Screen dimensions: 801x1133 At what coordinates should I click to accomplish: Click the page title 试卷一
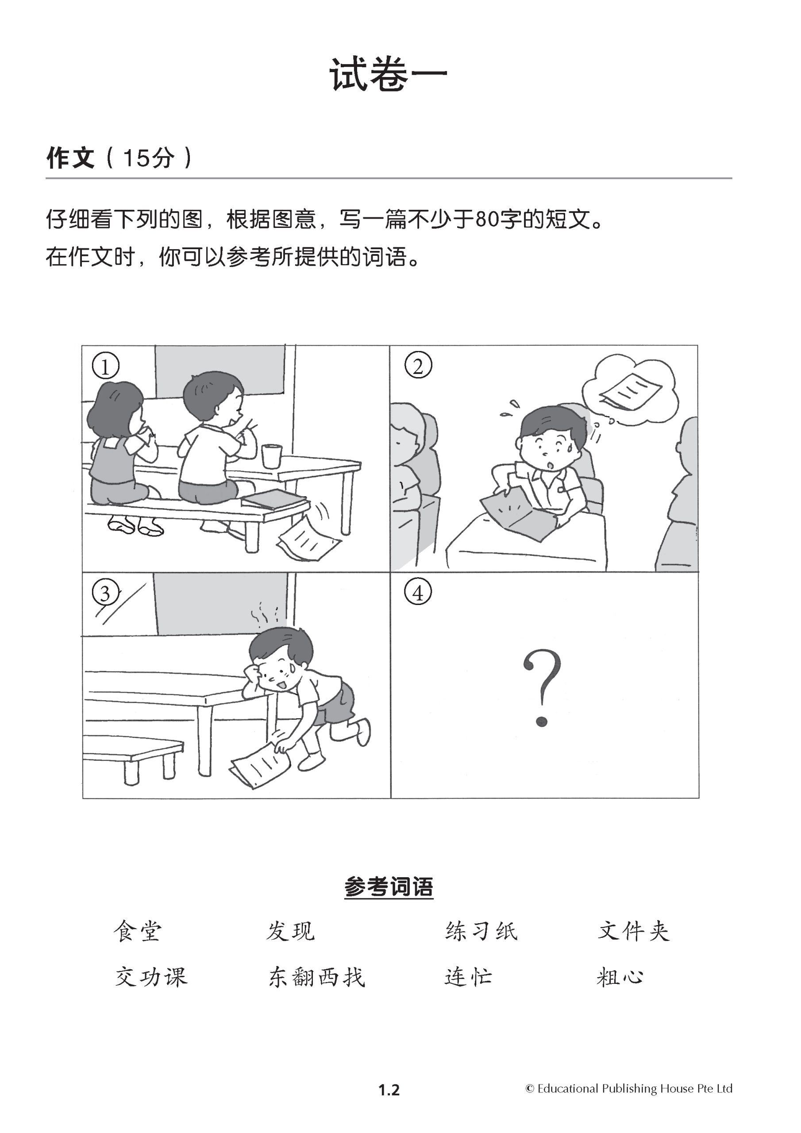[389, 74]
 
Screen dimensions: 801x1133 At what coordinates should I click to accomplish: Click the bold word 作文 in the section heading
[70, 158]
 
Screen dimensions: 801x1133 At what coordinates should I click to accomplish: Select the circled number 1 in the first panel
[105, 366]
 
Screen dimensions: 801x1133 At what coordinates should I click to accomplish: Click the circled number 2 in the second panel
[418, 366]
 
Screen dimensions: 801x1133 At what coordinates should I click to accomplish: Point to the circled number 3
[106, 593]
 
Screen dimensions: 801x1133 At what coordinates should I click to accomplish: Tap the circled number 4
[418, 593]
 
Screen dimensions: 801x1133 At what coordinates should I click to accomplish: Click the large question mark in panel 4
[542, 688]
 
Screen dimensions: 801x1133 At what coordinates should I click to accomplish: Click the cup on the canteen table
[271, 456]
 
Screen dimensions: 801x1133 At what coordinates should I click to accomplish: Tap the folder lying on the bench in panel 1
[274, 499]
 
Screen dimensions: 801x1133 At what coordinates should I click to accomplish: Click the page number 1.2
[389, 1090]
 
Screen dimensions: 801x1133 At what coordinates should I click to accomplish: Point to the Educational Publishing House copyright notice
[629, 1089]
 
